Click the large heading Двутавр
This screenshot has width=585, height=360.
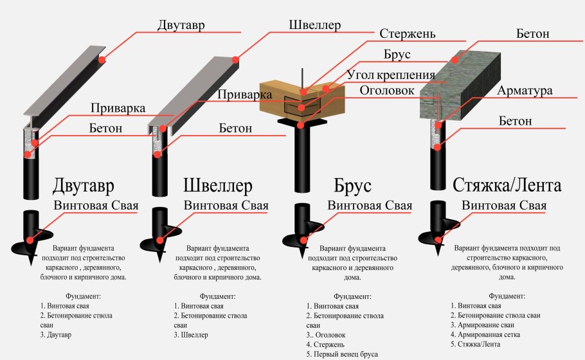tap(84, 186)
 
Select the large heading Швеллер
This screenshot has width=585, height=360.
tap(218, 186)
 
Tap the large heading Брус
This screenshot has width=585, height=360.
tap(353, 187)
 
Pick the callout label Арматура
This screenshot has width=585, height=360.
tap(525, 91)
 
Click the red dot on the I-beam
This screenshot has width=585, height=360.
tap(101, 60)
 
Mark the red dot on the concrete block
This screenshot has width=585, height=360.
tap(455, 59)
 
